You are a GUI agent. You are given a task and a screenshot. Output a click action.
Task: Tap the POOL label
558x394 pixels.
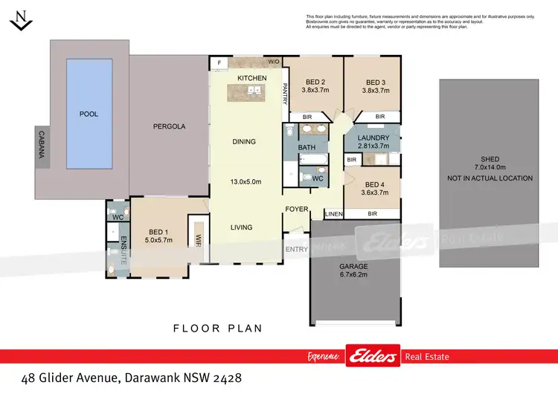tap(89, 114)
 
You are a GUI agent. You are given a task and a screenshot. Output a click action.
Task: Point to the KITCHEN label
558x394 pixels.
tap(251, 78)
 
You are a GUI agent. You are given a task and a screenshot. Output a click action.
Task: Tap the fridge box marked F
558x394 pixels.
tap(219, 63)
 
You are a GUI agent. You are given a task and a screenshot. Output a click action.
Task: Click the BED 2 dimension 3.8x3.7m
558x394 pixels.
tap(315, 91)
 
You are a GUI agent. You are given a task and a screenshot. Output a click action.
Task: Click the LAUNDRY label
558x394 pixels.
tap(372, 138)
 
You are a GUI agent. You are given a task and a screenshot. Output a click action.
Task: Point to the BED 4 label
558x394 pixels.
tap(371, 184)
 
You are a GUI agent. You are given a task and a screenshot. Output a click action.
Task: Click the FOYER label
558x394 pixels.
tap(296, 209)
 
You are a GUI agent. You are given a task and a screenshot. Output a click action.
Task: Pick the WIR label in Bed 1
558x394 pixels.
tap(199, 239)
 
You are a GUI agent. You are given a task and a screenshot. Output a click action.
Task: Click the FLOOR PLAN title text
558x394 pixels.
tap(217, 328)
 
